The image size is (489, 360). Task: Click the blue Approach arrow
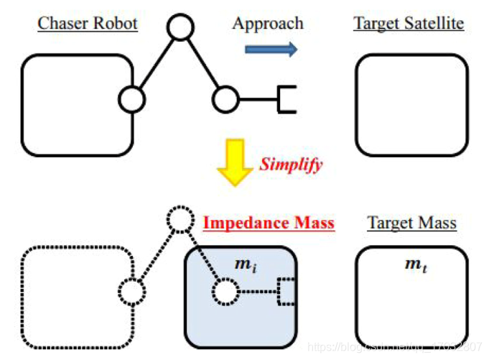tap(271, 50)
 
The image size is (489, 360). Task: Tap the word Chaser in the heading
tap(62, 23)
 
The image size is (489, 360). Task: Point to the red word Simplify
tap(291, 164)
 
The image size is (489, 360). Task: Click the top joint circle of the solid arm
tap(180, 28)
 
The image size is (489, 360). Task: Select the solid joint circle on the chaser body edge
tap(131, 99)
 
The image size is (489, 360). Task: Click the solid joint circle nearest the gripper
tap(225, 99)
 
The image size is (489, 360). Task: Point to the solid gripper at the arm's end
tap(287, 99)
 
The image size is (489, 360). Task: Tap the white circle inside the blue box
tap(225, 292)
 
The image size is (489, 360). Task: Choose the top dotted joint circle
tap(180, 221)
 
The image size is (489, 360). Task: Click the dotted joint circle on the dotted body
tap(131, 292)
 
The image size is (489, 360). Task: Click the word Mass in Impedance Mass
tap(313, 223)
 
